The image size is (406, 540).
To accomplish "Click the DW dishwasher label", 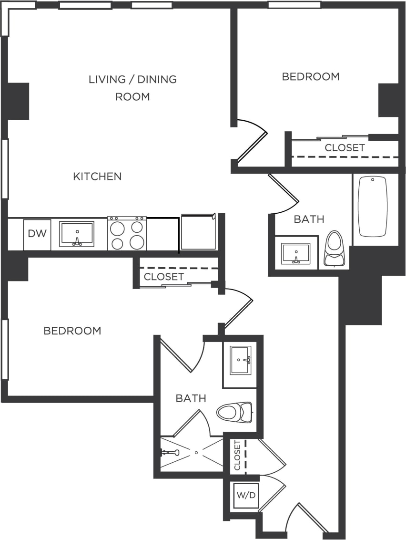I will (x=37, y=234).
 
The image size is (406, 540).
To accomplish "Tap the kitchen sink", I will (x=76, y=234).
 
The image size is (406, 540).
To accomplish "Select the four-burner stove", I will (x=127, y=234).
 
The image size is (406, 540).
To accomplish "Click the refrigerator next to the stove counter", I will (x=198, y=232).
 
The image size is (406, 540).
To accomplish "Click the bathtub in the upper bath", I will (x=373, y=206).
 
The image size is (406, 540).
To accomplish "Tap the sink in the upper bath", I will (x=295, y=253).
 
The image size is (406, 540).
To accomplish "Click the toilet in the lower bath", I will (x=235, y=412).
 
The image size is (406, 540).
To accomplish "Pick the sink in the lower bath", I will (x=240, y=360).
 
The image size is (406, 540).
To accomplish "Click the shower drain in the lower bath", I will (x=196, y=452).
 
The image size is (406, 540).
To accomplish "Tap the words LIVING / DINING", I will (x=132, y=79).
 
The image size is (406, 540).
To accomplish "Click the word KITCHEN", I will (x=97, y=177).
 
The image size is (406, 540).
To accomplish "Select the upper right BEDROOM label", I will (x=311, y=76).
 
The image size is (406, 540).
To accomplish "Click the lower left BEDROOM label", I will (x=72, y=331).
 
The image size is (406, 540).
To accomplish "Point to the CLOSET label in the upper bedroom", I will (x=345, y=148).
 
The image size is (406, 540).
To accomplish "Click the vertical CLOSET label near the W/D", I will (x=237, y=455).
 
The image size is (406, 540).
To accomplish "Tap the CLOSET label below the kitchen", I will (x=163, y=277).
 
